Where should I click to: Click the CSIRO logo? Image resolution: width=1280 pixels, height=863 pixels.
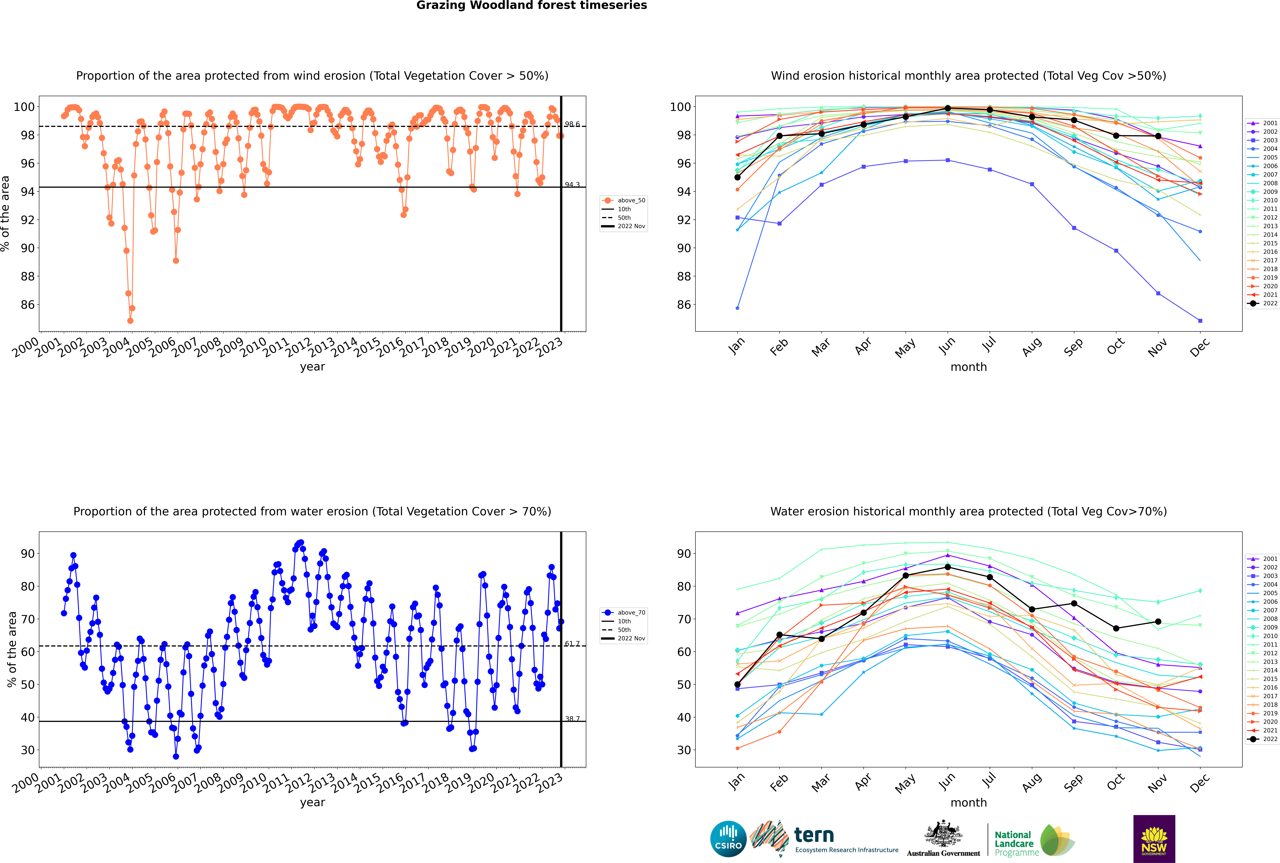728,839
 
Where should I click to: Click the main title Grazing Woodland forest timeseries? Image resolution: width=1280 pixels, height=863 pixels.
532,5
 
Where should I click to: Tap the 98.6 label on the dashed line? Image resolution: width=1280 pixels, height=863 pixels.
572,124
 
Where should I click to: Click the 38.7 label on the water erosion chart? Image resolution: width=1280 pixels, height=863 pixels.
572,719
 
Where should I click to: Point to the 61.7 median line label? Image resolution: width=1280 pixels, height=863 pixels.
572,643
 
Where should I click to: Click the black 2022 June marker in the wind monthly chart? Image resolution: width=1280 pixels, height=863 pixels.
948,108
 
